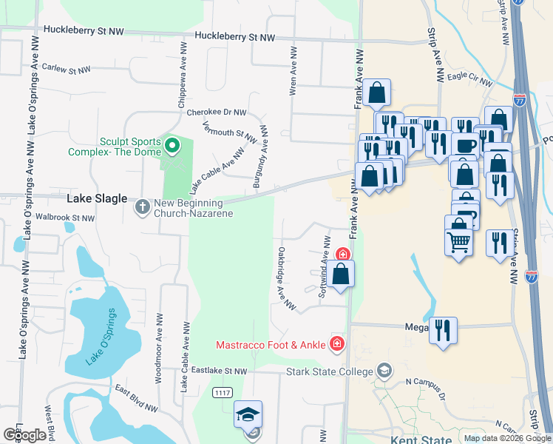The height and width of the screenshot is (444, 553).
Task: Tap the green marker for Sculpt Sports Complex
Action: tap(172, 145)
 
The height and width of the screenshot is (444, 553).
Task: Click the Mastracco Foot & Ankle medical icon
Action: tap(336, 343)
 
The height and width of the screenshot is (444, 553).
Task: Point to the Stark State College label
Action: tap(329, 371)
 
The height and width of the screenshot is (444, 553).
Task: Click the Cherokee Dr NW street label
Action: tap(216, 112)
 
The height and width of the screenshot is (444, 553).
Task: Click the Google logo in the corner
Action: tap(25, 435)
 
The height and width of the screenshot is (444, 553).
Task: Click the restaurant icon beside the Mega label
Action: tap(443, 329)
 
